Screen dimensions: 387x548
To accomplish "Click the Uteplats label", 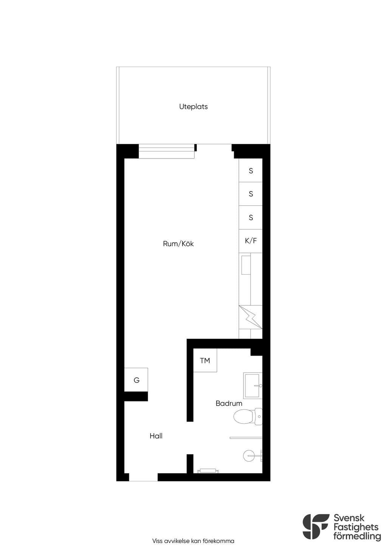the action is pos(193,107).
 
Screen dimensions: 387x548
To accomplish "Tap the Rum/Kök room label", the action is pos(178,244).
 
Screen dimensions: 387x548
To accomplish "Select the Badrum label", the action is pos(229,403).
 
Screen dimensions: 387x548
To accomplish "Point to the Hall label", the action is pos(156,436).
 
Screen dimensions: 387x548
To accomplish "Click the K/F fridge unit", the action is pos(251,241).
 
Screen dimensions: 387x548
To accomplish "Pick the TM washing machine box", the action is pos(205,361).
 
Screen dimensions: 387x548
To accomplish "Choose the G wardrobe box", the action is pos(136,380).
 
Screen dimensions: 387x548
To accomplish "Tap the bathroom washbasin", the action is pos(252,386).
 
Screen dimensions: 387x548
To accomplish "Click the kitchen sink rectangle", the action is pos(246,265).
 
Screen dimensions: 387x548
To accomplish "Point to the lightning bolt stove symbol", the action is pos(251,317).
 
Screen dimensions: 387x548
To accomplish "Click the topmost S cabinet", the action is pos(251,171).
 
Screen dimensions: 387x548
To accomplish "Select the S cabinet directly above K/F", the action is pos(251,218).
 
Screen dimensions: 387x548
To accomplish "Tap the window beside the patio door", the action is pos(167,151).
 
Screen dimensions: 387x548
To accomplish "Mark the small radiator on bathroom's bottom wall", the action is pos(208,471).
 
